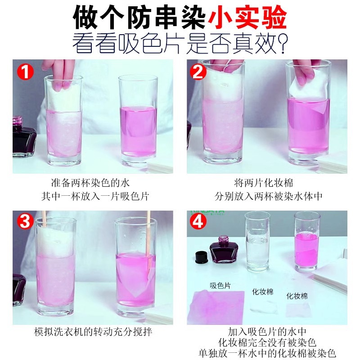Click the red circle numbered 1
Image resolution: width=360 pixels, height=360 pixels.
tap(26, 71)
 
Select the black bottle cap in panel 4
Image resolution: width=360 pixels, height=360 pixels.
tap(201, 257)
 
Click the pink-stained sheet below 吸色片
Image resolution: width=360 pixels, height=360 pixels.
tap(218, 307)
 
